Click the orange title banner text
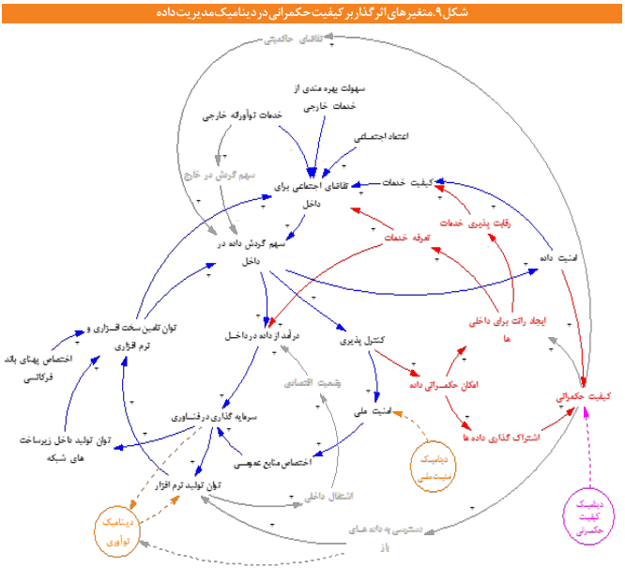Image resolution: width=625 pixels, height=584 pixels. coord(312,11)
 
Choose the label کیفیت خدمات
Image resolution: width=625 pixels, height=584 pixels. coord(408,182)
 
